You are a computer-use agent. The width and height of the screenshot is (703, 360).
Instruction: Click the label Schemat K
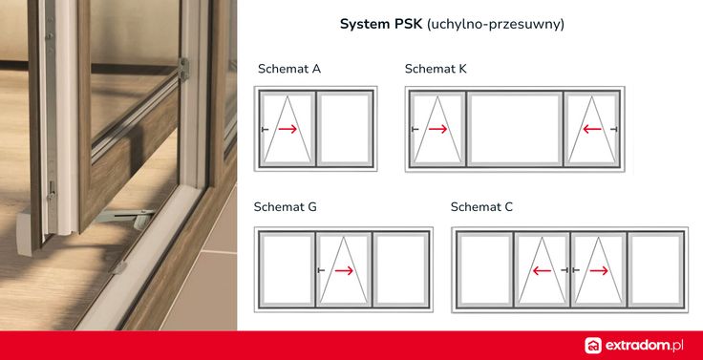pyautogui.click(x=435, y=69)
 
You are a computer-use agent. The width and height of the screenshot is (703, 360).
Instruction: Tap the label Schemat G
pyautogui.click(x=285, y=206)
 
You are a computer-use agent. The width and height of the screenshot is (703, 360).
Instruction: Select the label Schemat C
pyautogui.click(x=481, y=206)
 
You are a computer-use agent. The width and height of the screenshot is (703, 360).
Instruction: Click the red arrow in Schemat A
pyautogui.click(x=288, y=130)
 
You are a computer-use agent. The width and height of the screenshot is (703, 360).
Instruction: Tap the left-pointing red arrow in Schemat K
pyautogui.click(x=592, y=130)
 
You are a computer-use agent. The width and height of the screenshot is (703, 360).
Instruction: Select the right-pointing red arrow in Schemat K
pyautogui.click(x=437, y=130)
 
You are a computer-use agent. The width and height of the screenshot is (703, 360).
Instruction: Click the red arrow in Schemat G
pyautogui.click(x=344, y=270)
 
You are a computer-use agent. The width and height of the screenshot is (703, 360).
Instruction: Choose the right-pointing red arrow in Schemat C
pyautogui.click(x=598, y=270)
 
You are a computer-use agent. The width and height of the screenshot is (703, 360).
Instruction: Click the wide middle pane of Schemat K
pyautogui.click(x=514, y=129)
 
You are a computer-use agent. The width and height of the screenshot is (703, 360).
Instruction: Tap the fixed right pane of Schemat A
pyautogui.click(x=344, y=129)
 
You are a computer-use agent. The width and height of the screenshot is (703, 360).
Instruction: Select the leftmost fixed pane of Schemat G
pyautogui.click(x=287, y=269)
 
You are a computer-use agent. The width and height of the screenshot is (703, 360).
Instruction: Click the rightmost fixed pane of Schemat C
pyautogui.click(x=654, y=269)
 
